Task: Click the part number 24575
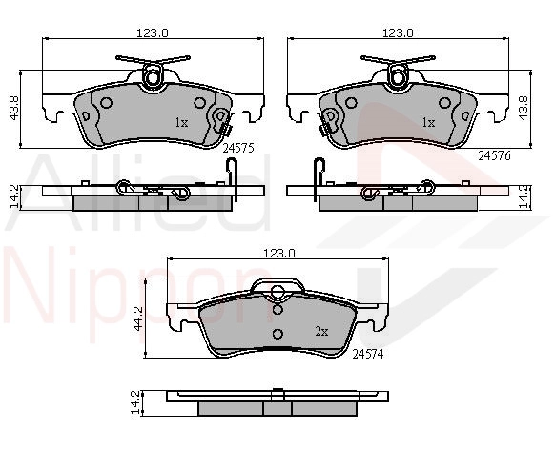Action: click(238, 148)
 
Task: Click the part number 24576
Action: click(495, 155)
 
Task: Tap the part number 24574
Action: click(368, 354)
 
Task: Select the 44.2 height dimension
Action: click(137, 319)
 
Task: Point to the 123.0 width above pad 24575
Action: click(153, 33)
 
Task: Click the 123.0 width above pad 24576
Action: click(398, 33)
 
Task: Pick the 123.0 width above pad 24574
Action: click(279, 254)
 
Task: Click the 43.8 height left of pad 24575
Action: click(14, 108)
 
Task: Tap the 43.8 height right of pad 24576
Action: click(524, 108)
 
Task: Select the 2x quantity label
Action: click(321, 332)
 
